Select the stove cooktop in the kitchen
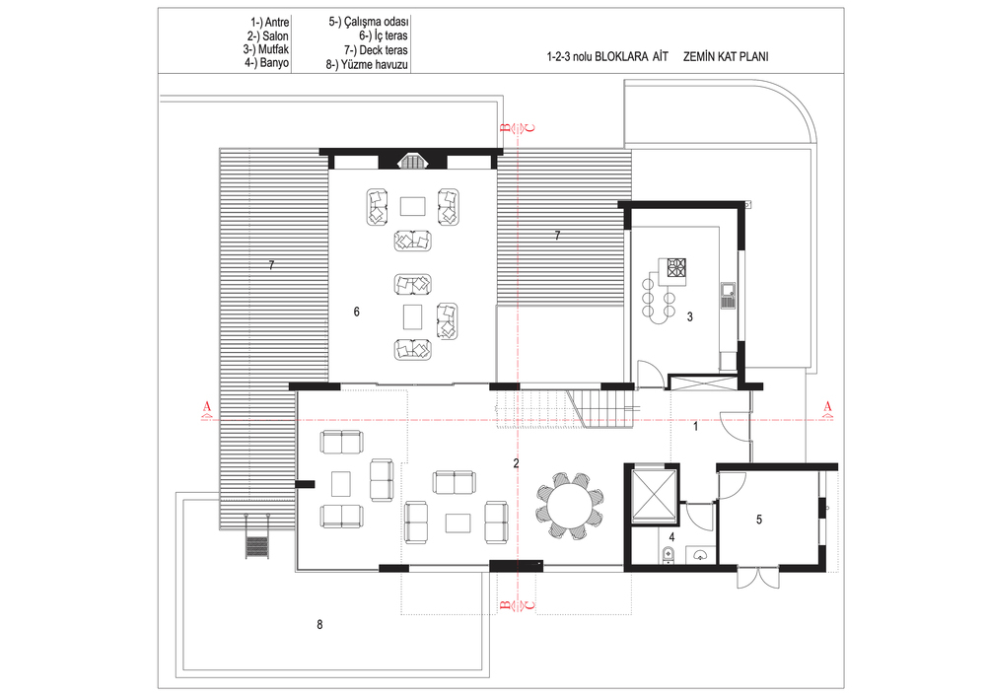(x=676, y=267)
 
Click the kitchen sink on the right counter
(x=729, y=296)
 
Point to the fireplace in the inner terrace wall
(x=412, y=161)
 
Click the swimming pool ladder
(x=256, y=536)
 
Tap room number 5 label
(x=759, y=520)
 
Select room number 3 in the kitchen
(x=690, y=317)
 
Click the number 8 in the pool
(x=319, y=625)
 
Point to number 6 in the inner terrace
(x=357, y=312)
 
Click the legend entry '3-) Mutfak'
(x=266, y=49)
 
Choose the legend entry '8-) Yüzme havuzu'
(x=367, y=64)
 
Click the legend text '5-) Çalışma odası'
(x=368, y=22)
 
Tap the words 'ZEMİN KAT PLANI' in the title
(x=726, y=56)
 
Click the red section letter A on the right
(x=827, y=406)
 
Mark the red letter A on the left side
(x=207, y=406)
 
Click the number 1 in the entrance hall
(x=695, y=427)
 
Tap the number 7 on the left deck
(x=271, y=266)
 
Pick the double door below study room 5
(x=758, y=579)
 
